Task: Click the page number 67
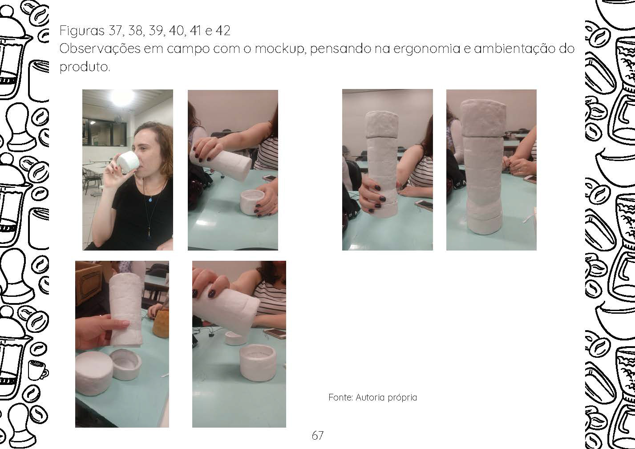click(x=318, y=435)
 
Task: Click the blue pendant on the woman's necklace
click(x=150, y=200)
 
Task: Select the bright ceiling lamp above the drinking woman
click(x=122, y=97)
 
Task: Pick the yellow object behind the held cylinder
click(x=161, y=324)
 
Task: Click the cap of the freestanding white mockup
click(x=483, y=117)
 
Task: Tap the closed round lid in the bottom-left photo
click(x=93, y=372)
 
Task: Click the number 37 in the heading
click(x=115, y=31)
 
